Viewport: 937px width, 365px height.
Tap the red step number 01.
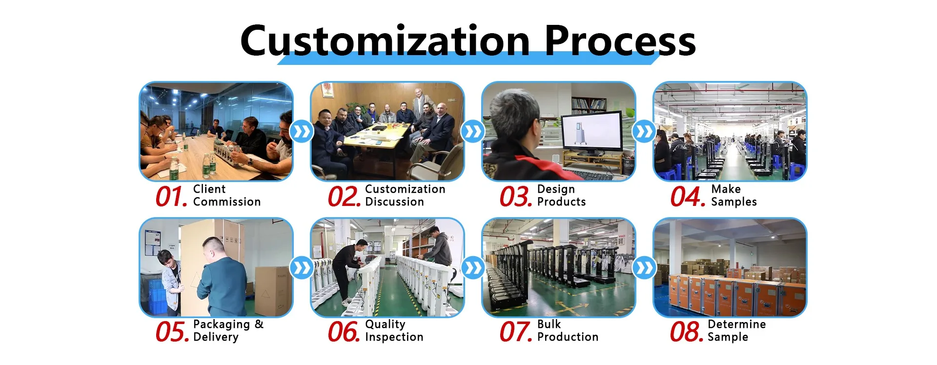pos(171,197)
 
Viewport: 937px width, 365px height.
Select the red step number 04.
pos(688,197)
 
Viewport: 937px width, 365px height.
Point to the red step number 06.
pos(344,332)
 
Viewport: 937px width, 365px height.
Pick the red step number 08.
pos(687,332)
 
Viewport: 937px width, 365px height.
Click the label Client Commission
pos(227,195)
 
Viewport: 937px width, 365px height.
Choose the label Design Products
pos(561,195)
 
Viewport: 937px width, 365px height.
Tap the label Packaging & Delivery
pos(228,331)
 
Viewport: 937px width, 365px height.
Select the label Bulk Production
pos(568,330)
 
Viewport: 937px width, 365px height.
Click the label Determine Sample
pos(737,330)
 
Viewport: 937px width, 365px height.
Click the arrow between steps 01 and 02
pos(302,132)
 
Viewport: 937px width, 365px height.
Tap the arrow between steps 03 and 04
pos(644,132)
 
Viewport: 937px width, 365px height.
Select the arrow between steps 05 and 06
pos(302,268)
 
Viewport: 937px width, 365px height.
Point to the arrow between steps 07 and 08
pos(644,268)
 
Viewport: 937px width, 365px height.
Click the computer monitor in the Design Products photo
pos(592,133)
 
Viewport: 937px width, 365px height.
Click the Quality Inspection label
pos(394,330)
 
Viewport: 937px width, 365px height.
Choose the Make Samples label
pos(734,195)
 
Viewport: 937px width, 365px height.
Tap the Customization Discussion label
pos(405,195)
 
